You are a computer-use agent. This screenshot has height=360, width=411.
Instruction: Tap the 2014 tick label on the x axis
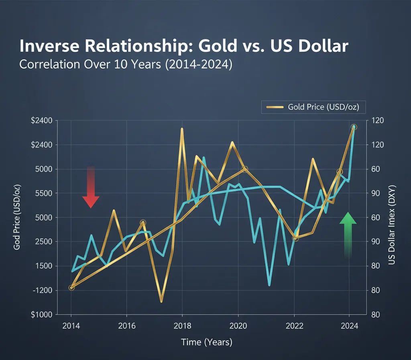71,326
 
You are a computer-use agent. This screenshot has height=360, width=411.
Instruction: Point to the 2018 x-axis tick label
182,326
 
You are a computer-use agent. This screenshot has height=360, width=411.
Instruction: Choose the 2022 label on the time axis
294,326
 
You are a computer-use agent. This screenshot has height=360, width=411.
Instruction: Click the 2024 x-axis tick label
349,326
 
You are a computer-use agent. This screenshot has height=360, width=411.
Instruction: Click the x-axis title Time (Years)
206,342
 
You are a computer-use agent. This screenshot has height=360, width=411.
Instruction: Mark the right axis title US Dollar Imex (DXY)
392,225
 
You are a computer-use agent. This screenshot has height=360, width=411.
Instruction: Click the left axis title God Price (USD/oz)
17,217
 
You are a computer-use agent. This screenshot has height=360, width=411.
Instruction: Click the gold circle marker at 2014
71,288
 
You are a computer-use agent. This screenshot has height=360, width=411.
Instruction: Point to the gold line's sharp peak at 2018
182,129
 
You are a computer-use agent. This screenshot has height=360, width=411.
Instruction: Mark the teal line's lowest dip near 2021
269,285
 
